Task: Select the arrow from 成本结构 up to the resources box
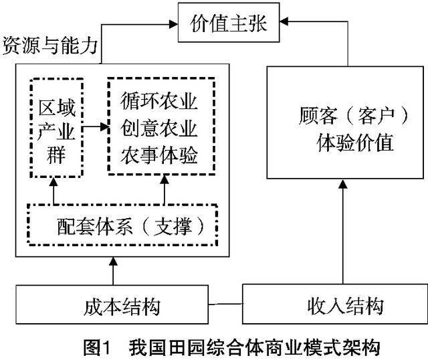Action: coord(114,270)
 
